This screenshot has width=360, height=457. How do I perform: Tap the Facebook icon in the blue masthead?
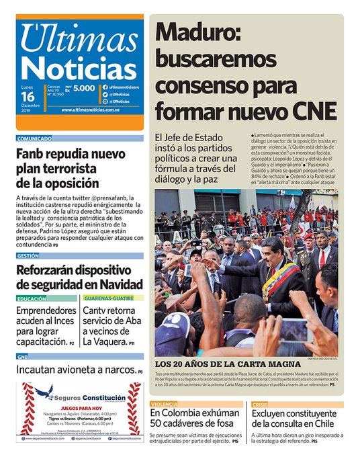point(105,88)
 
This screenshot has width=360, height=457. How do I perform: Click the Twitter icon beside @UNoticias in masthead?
point(105,95)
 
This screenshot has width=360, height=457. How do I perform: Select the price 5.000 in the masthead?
point(84,88)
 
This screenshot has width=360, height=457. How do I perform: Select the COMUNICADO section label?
point(34,138)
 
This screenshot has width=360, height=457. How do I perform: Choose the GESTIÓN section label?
point(28,256)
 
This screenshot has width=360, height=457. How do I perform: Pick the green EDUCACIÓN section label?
point(32,298)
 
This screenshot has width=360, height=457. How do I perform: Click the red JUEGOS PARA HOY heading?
point(81,407)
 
